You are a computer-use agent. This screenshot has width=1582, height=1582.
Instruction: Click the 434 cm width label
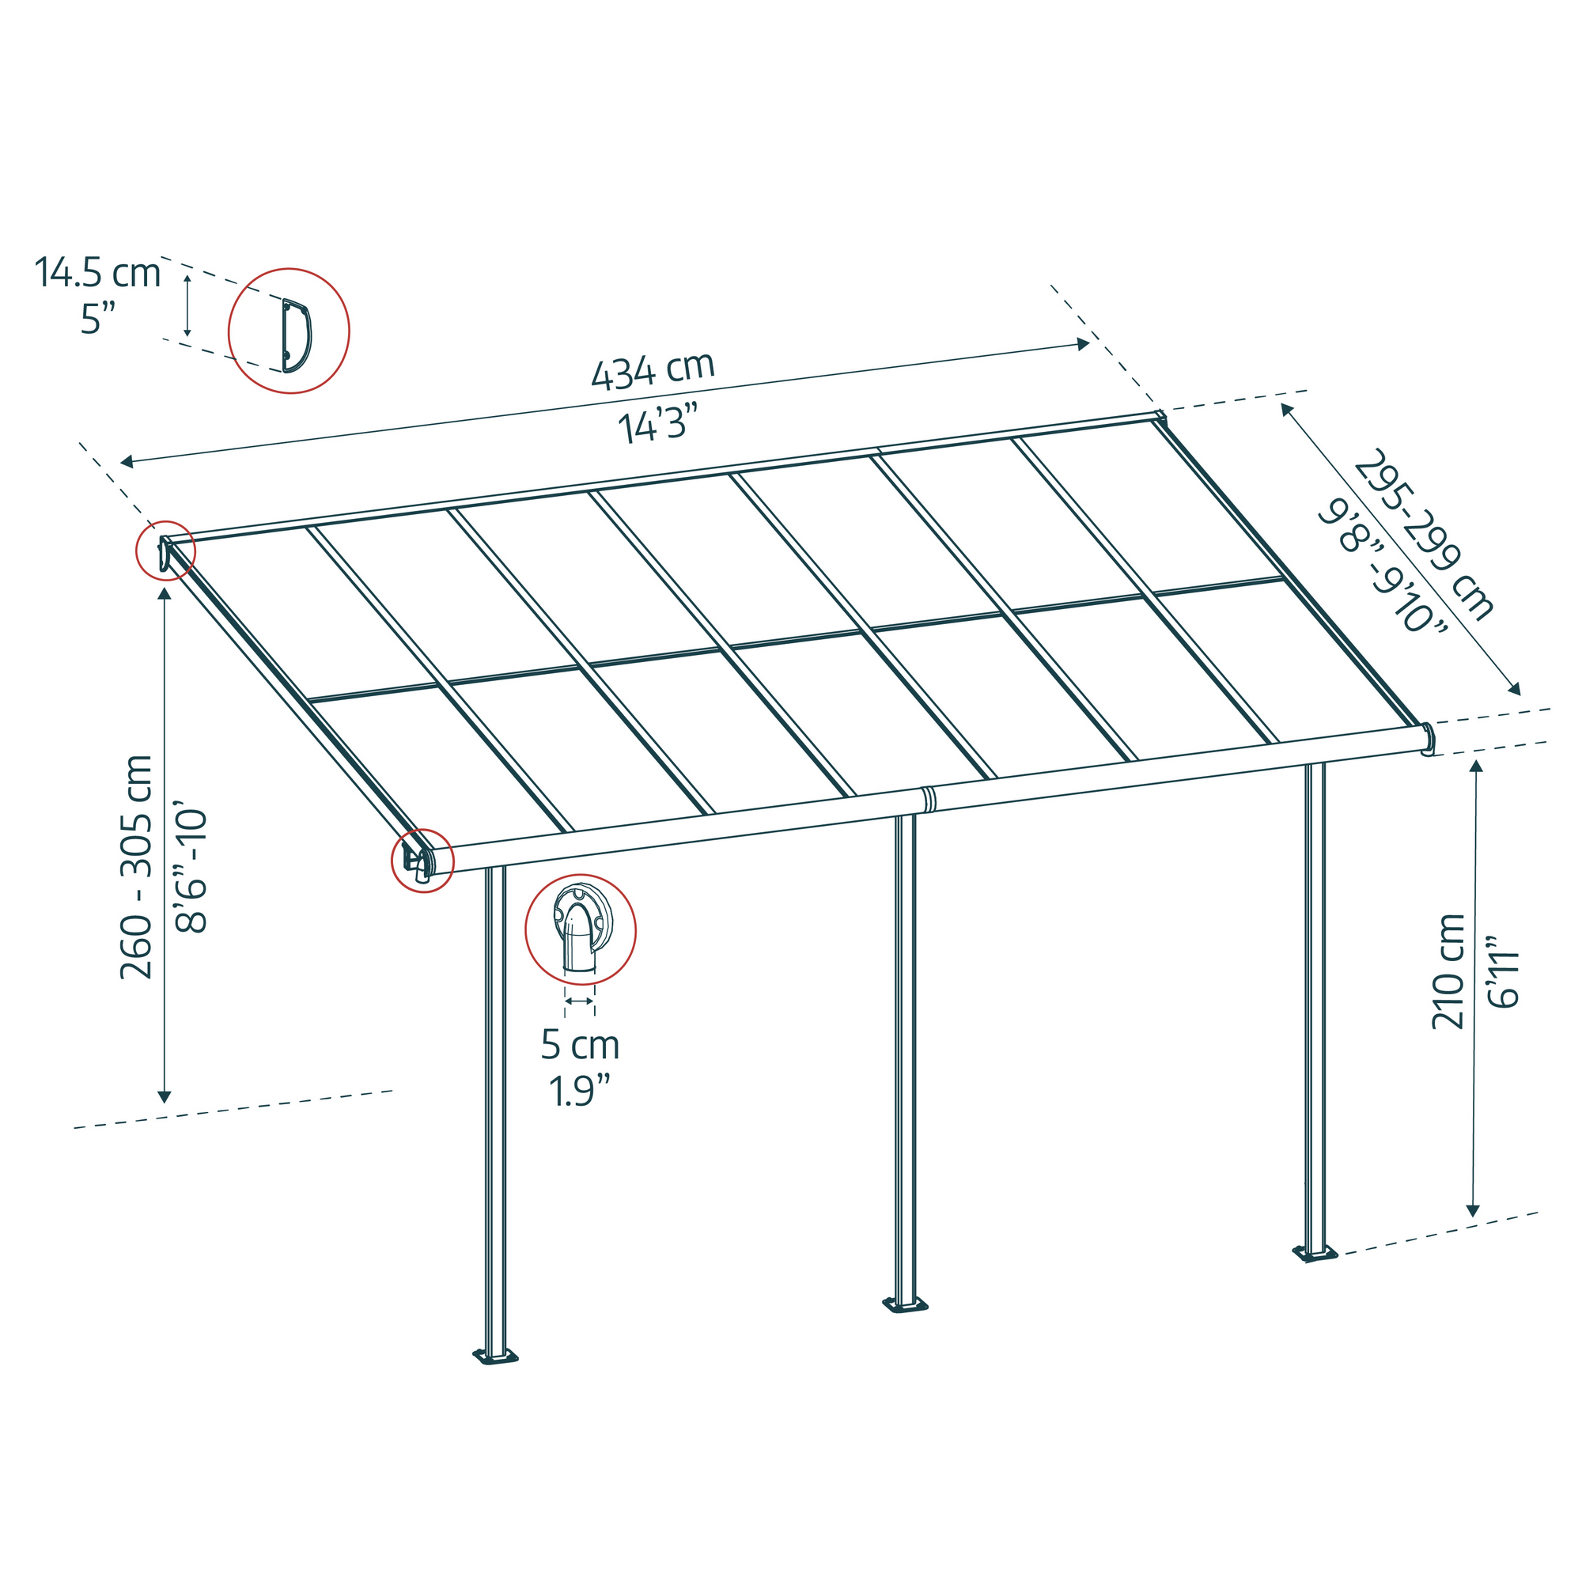pyautogui.click(x=653, y=371)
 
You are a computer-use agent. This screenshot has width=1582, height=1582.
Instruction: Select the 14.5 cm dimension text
pyautogui.click(x=97, y=273)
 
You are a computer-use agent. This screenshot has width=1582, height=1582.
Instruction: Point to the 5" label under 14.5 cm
pyautogui.click(x=97, y=319)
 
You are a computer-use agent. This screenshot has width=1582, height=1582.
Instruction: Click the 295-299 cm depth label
pyautogui.click(x=1423, y=535)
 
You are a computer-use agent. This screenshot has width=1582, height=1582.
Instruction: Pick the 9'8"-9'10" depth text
pyautogui.click(x=1382, y=567)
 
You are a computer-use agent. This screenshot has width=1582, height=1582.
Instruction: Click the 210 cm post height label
pyautogui.click(x=1447, y=972)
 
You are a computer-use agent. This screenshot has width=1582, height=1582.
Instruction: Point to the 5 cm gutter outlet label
pyautogui.click(x=580, y=1046)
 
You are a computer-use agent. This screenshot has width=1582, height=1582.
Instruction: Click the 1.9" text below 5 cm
pyautogui.click(x=580, y=1092)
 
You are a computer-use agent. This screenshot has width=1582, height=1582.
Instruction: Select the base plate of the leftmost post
pyautogui.click(x=495, y=1357)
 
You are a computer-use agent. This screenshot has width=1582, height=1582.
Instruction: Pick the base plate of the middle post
pyautogui.click(x=905, y=1304)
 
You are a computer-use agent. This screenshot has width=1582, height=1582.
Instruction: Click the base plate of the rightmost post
pyautogui.click(x=1314, y=1254)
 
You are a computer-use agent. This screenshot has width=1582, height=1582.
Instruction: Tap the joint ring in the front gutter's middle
pyautogui.click(x=929, y=798)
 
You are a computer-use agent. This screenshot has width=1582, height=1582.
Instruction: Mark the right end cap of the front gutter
pyautogui.click(x=1427, y=740)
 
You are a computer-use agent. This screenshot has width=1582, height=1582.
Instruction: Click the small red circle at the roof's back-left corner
pyautogui.click(x=165, y=551)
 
